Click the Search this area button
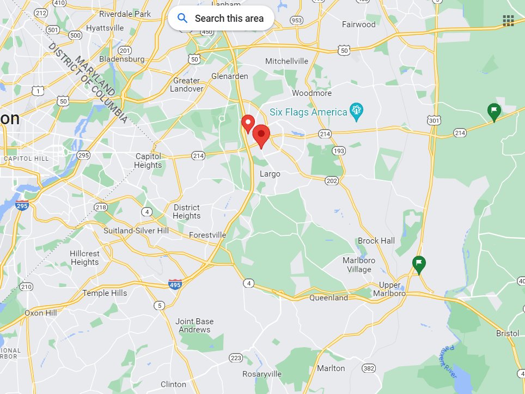pos(221,18)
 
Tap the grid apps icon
pos(508,21)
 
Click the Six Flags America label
pos(308,112)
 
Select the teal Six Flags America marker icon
pos(357,111)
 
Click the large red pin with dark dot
pos(262,135)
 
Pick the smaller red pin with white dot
pos(248,123)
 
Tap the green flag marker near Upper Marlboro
pos(418,264)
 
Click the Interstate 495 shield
pos(175,283)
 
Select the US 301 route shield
pos(434,120)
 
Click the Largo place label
pos(270,174)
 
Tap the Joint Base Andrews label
pos(194,325)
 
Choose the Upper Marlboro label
pos(389,289)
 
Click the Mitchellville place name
pos(286,61)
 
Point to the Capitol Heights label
pos(148,161)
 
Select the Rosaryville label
pos(262,374)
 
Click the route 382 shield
pos(369,368)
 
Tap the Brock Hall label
pos(376,240)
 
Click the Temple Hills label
pos(105,293)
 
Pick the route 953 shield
pos(296,20)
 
